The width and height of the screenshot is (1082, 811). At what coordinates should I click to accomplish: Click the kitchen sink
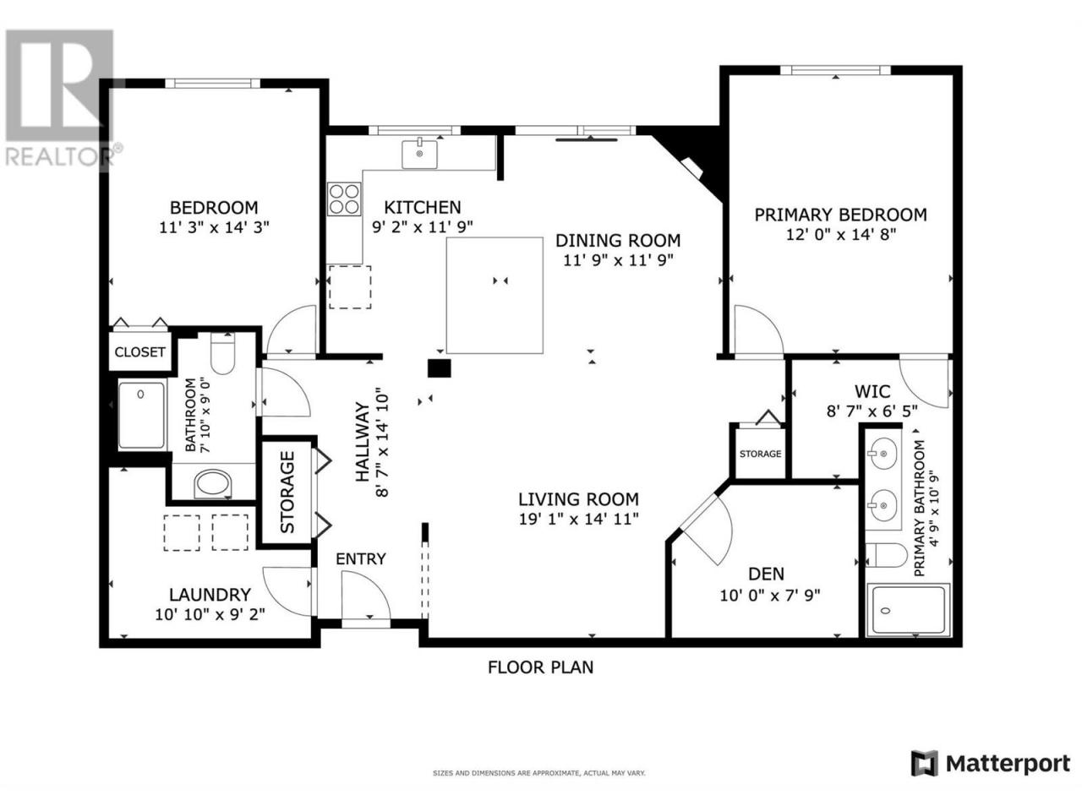point(419,154)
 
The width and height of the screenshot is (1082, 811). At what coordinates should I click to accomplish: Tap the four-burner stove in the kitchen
point(344,199)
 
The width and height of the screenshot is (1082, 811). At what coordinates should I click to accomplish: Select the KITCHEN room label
point(423,207)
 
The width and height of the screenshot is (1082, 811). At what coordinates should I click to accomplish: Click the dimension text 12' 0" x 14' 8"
point(840,234)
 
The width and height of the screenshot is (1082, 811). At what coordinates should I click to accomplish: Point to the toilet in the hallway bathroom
point(222,353)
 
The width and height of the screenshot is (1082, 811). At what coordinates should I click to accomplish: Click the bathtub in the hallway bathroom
point(141,415)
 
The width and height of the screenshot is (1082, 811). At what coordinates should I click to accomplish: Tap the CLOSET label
point(140,352)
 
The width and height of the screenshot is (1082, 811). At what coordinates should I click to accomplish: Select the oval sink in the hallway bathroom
point(213,484)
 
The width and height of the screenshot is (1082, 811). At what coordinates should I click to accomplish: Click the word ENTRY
point(361,559)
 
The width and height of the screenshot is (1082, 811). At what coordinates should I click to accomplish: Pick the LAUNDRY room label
point(210,595)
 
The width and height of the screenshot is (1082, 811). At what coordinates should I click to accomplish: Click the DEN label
point(766,574)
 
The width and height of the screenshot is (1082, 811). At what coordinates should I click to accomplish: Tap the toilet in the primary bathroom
point(886,555)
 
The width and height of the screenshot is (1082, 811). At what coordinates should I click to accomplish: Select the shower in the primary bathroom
point(908,610)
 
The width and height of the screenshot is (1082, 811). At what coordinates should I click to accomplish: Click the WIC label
point(872,391)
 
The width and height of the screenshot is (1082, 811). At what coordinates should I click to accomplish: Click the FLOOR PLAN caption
point(541,667)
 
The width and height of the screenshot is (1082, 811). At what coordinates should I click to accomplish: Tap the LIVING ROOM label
point(578,499)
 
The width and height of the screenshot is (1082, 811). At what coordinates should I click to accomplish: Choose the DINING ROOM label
point(618,240)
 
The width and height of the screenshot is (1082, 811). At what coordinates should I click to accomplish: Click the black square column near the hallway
point(439,368)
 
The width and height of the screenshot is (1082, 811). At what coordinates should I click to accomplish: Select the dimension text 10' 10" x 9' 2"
point(210,615)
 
